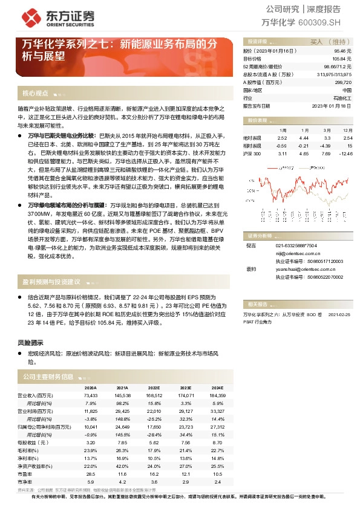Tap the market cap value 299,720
pyautogui.click(x=343, y=82)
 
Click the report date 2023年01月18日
pyautogui.click(x=332, y=105)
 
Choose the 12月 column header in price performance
pyautogui.click(x=347, y=130)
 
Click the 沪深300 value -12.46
pyautogui.click(x=345, y=154)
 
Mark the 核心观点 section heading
pyautogui.click(x=35, y=94)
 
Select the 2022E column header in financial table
pyautogui.click(x=154, y=387)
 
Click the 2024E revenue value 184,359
pyautogui.click(x=217, y=394)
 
